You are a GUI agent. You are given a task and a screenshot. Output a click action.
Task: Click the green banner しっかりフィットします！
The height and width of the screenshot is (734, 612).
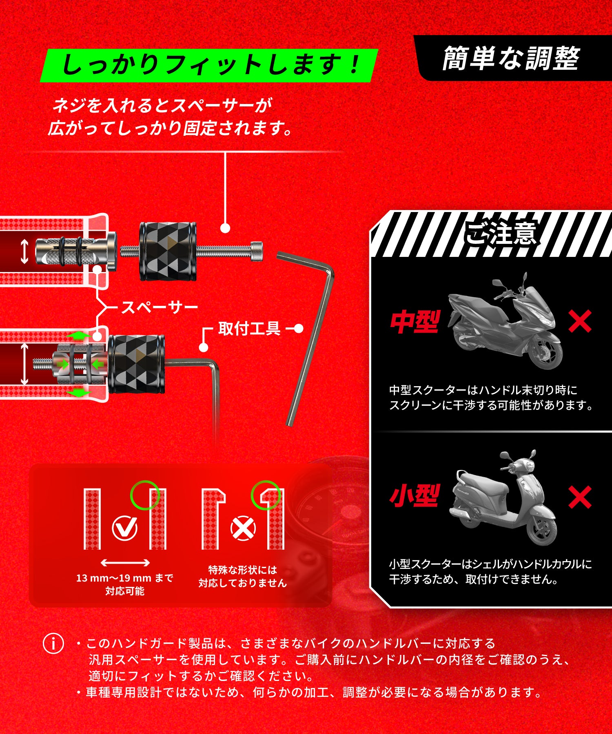point(209,65)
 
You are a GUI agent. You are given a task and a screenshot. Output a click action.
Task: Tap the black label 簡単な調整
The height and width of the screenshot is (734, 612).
point(511,58)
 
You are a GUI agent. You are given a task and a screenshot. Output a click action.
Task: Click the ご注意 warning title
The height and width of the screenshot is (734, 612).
point(501,233)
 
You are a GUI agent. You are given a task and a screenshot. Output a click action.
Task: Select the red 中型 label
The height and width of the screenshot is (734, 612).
point(415,322)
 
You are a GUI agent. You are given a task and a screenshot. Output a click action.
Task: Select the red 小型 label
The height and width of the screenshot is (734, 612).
point(415,495)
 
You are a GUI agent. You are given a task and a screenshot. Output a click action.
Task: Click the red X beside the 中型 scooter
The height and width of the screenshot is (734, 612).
point(580,321)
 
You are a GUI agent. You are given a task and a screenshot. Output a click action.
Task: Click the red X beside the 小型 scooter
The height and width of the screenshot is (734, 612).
point(580,497)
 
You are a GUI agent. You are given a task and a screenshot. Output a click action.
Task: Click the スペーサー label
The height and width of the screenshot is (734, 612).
point(160,307)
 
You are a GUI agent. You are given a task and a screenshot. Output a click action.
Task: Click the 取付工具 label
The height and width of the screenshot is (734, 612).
point(249,329)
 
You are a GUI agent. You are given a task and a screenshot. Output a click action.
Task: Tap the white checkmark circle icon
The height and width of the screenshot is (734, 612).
point(124,528)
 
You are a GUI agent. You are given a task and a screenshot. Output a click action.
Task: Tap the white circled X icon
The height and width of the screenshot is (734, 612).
point(243,528)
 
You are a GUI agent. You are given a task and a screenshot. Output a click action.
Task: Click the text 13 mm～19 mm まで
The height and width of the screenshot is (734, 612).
point(124,578)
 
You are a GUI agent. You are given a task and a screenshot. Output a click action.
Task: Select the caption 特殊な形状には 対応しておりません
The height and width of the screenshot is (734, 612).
point(243,576)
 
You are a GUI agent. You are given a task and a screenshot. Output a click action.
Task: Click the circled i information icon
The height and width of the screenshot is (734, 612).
point(53,644)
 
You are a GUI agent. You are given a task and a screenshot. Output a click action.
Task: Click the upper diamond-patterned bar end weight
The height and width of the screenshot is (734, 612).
point(168,251)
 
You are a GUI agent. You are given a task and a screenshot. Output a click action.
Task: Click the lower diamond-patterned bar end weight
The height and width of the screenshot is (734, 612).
point(136,364)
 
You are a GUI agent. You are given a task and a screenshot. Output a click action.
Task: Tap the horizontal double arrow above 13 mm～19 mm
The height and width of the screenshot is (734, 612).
point(125,563)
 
